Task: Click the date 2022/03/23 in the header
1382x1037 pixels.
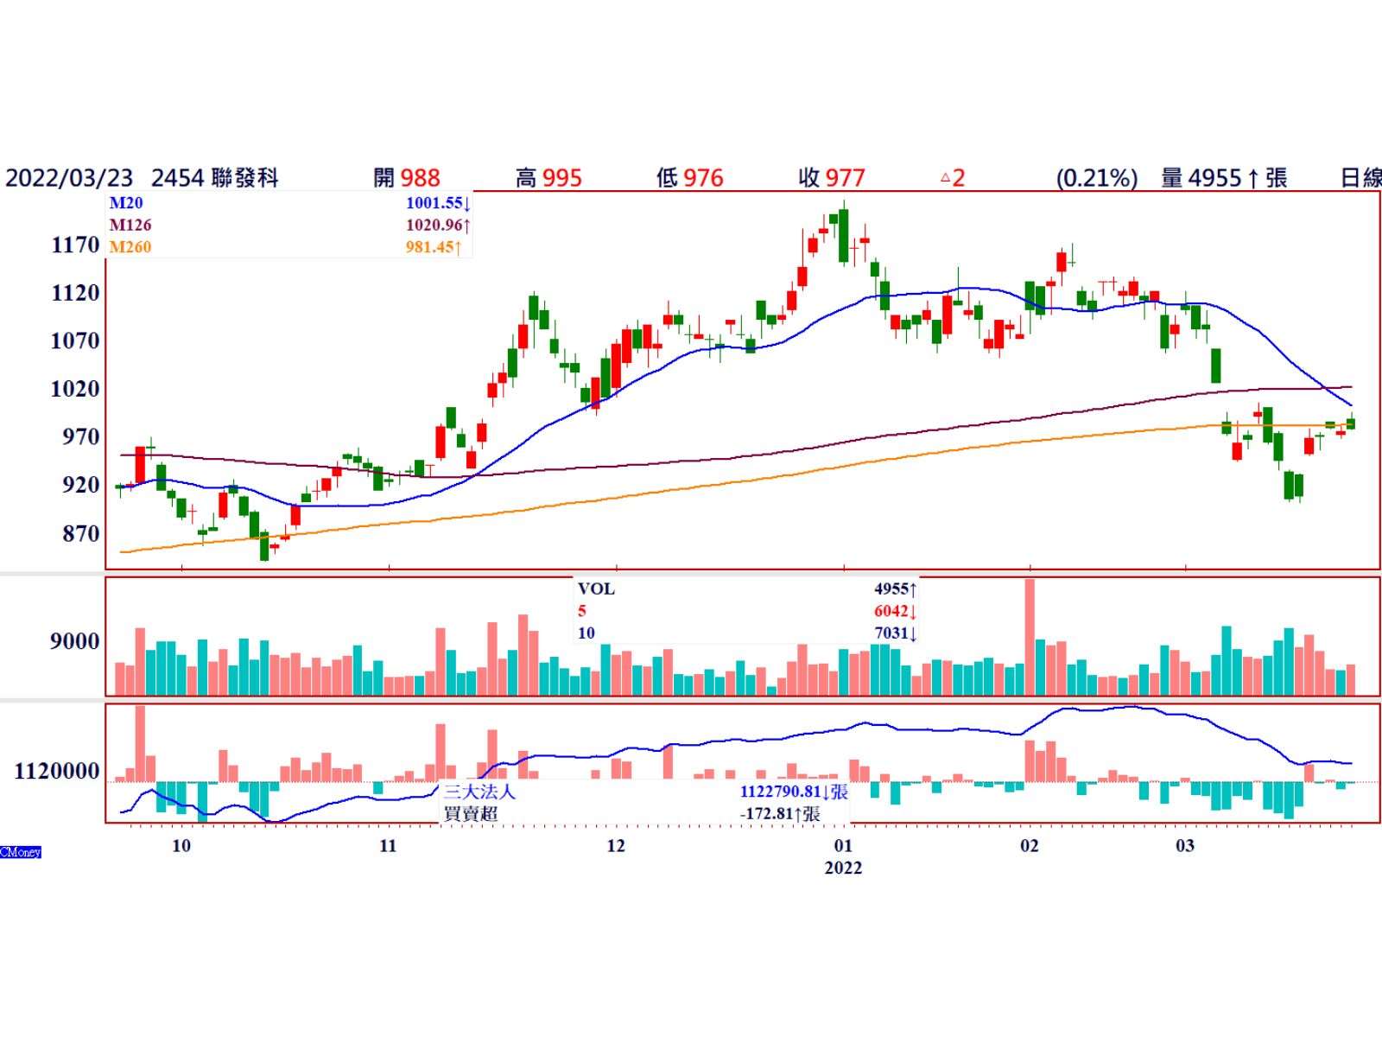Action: pyautogui.click(x=69, y=179)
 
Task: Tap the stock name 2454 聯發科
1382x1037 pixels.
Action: pyautogui.click(x=215, y=179)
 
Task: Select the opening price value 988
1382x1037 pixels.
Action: pyautogui.click(x=421, y=179)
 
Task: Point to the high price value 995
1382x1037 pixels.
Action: pyautogui.click(x=562, y=179)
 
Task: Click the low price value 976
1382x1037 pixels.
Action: pyautogui.click(x=703, y=179)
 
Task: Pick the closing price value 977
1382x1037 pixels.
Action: pyautogui.click(x=845, y=179)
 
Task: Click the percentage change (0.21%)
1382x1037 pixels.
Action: pyautogui.click(x=1096, y=179)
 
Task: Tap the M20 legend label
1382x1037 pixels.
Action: pyautogui.click(x=126, y=203)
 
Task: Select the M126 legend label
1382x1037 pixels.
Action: pyautogui.click(x=130, y=225)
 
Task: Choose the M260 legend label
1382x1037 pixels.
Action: pyautogui.click(x=130, y=247)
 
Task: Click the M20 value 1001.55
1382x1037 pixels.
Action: pyautogui.click(x=434, y=203)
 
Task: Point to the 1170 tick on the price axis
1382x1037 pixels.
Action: pyautogui.click(x=76, y=245)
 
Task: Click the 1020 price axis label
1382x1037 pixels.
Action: pyautogui.click(x=76, y=390)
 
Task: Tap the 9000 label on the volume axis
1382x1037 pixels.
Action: pyautogui.click(x=75, y=642)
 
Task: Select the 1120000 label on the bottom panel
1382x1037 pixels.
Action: pyautogui.click(x=57, y=771)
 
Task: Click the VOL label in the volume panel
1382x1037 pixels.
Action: pyautogui.click(x=596, y=589)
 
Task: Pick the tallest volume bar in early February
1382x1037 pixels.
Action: pyautogui.click(x=1030, y=637)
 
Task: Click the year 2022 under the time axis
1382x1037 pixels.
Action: pyautogui.click(x=843, y=868)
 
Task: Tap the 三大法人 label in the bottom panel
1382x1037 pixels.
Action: pyautogui.click(x=479, y=792)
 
